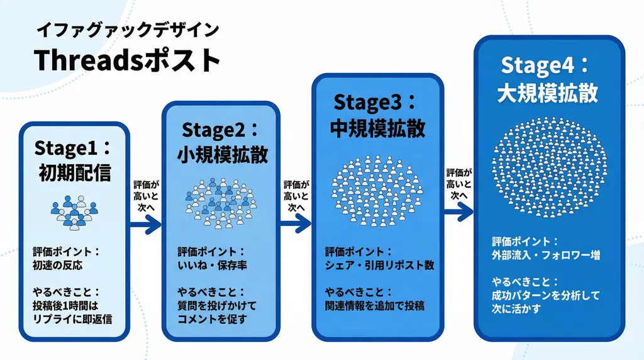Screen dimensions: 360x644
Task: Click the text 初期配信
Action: [74, 172]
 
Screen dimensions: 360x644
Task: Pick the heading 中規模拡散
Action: [377, 128]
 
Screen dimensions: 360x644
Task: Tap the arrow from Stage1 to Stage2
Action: [145, 223]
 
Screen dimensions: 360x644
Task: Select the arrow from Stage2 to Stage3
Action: [296, 223]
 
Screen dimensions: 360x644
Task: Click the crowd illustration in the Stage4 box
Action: [548, 160]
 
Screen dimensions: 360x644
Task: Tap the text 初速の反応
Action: [58, 266]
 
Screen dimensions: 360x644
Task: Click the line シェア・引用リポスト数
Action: [379, 266]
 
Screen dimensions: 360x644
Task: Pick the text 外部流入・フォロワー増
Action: [545, 256]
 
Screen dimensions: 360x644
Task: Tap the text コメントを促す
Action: [211, 318]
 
